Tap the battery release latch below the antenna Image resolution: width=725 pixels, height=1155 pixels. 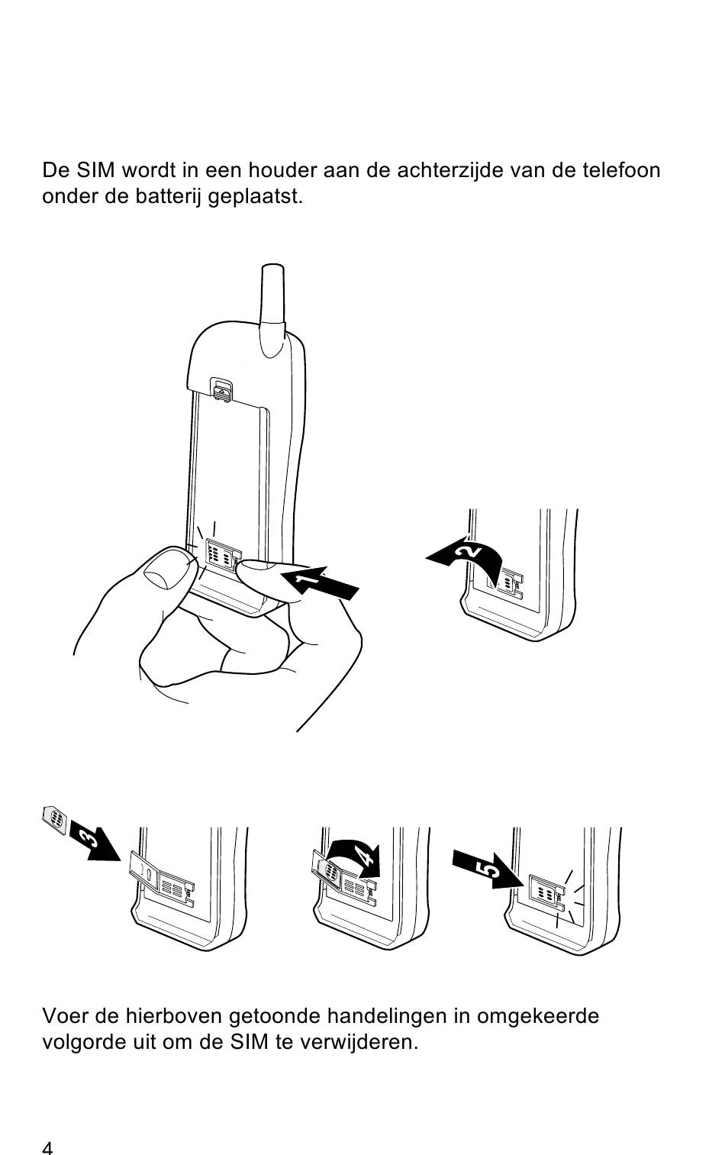pos(221,391)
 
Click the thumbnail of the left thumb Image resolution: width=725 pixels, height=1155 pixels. pos(165,569)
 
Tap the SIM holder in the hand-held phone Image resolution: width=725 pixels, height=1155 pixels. pos(221,557)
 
